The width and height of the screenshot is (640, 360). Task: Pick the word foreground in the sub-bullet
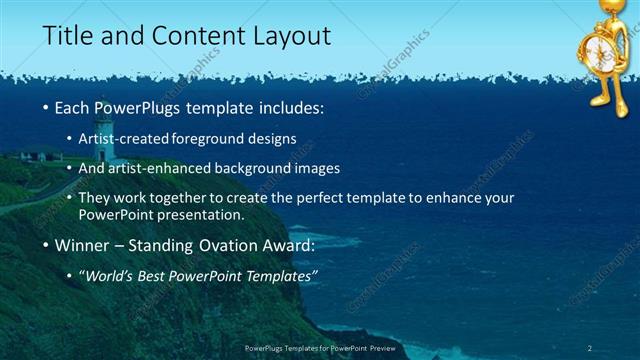point(211,138)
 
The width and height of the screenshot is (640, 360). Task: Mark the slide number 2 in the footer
point(590,347)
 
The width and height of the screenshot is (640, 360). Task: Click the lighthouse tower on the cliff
point(101,140)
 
